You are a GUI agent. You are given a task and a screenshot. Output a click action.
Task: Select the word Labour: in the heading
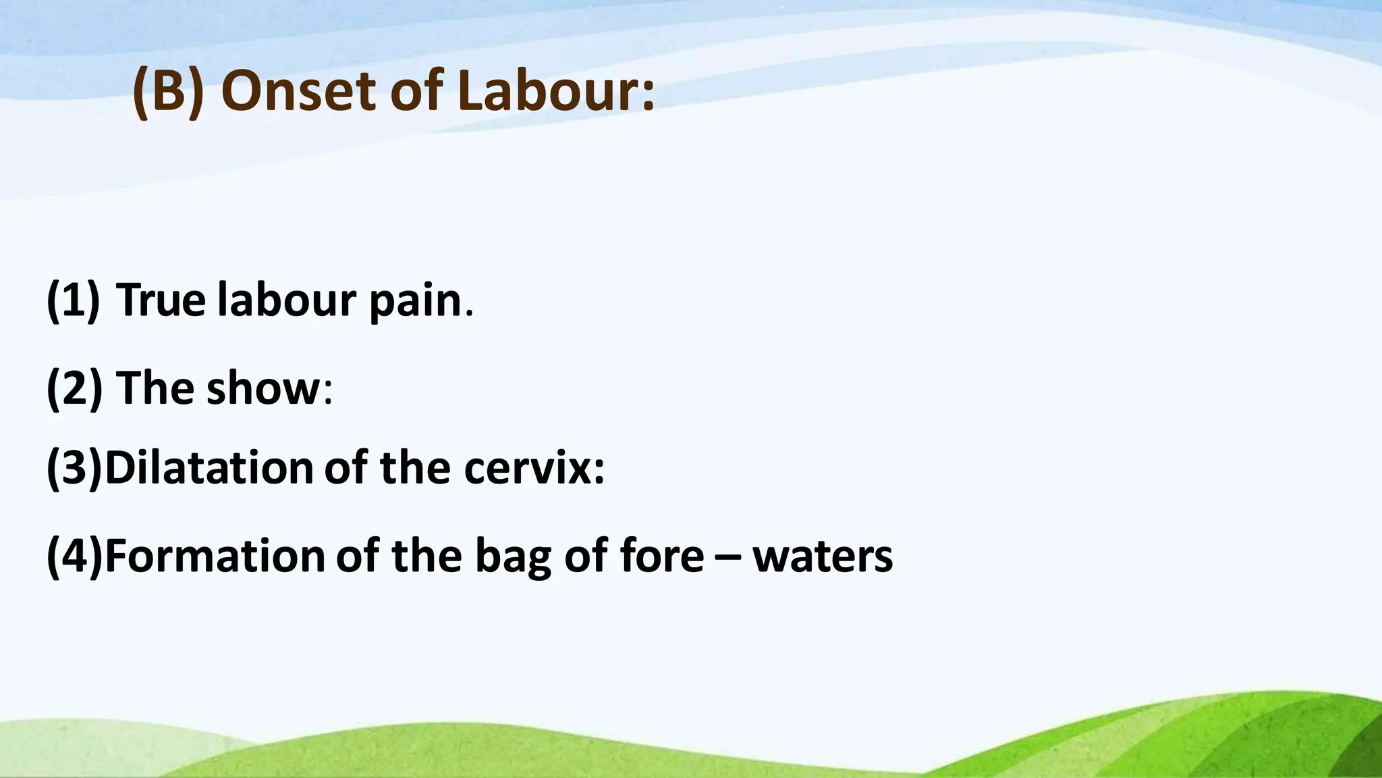(556, 92)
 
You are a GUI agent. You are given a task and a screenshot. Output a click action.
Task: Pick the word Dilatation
(209, 467)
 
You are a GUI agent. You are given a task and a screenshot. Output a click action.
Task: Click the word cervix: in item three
(534, 467)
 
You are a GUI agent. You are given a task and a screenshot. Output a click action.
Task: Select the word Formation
(215, 556)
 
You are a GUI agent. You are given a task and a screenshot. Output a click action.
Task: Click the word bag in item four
(513, 557)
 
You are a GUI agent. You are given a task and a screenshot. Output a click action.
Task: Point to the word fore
(661, 556)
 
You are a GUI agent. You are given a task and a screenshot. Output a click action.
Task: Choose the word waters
(823, 557)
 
